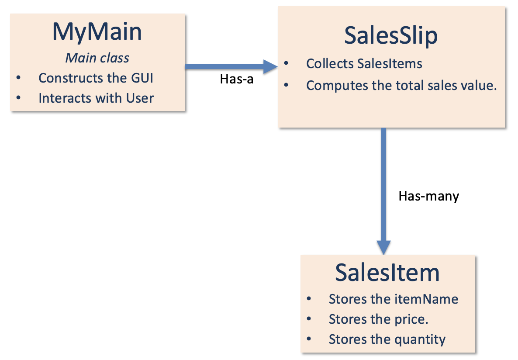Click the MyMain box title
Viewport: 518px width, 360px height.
click(x=97, y=32)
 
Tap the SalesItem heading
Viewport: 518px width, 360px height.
click(x=387, y=273)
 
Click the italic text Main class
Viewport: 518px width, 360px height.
click(x=97, y=58)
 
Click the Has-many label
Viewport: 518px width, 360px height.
click(x=428, y=196)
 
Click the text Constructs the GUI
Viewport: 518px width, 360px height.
click(x=96, y=78)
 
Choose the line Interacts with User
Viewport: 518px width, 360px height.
click(x=96, y=98)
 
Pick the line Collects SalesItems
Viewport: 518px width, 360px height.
click(x=364, y=64)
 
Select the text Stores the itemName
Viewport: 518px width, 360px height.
click(x=393, y=299)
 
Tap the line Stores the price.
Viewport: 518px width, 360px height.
click(x=378, y=319)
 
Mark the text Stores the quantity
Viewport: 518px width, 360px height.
click(x=387, y=339)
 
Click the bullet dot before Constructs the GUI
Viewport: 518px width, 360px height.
click(x=18, y=78)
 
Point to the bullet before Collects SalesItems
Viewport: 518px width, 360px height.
click(x=286, y=64)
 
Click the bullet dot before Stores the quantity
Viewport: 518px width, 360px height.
click(x=309, y=339)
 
